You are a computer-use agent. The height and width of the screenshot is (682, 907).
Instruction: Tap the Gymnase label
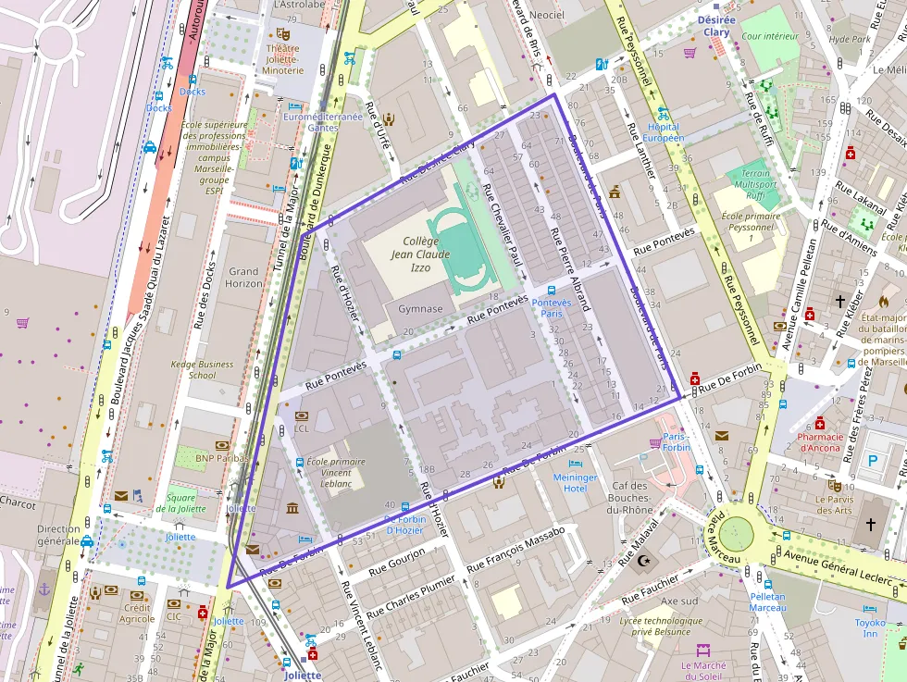(x=420, y=308)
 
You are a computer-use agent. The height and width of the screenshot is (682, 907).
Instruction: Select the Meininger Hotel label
(x=576, y=482)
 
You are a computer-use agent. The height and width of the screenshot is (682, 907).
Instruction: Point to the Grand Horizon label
(x=243, y=278)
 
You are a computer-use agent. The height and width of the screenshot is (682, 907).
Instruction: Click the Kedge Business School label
(x=201, y=369)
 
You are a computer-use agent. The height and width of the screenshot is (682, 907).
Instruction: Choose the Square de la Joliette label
(x=175, y=503)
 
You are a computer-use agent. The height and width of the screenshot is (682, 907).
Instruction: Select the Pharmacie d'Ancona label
(x=819, y=442)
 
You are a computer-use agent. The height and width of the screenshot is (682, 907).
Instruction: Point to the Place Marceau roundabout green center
(x=737, y=533)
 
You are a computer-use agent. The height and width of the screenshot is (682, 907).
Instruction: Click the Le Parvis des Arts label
(x=834, y=503)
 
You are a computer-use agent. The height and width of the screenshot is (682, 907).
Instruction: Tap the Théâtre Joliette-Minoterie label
(x=283, y=57)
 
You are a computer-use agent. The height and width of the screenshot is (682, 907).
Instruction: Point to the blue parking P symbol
(x=871, y=460)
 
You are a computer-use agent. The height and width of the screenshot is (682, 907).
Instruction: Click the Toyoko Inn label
(x=869, y=628)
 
